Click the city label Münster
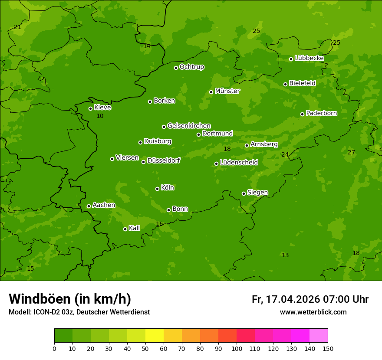point(227,91)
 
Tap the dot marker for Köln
point(157,189)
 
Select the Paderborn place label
point(322,113)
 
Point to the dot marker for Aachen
point(89,206)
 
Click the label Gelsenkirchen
point(189,126)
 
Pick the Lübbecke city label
point(309,58)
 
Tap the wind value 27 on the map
point(351,152)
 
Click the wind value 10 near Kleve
point(100,116)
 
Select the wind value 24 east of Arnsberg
point(285,154)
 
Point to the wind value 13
point(285,255)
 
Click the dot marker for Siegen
point(244,193)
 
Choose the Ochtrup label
point(192,67)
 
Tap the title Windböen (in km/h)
point(70,299)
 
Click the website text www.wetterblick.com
point(313,312)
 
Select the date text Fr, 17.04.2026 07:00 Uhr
point(310,299)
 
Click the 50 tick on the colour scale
point(145,348)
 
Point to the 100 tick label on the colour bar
point(237,348)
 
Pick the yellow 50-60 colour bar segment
point(155,335)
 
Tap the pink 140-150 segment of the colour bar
point(319,335)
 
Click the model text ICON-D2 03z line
point(79,312)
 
